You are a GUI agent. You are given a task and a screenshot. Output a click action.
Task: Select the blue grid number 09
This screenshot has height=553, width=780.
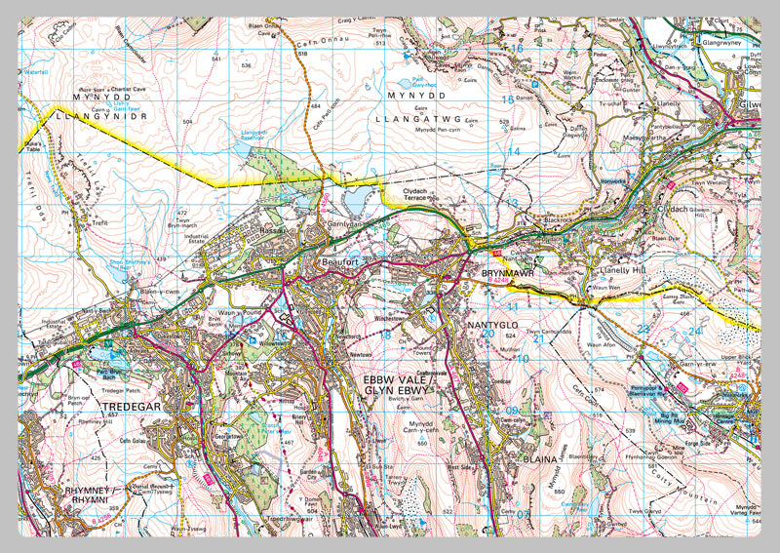(x=513, y=411)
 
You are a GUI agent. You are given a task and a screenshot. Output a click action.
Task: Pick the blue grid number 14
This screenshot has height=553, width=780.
(x=512, y=151)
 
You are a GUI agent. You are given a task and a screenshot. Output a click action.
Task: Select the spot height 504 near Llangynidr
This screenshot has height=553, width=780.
(x=186, y=122)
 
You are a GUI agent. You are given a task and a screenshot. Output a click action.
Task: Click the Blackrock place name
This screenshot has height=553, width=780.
(x=558, y=221)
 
